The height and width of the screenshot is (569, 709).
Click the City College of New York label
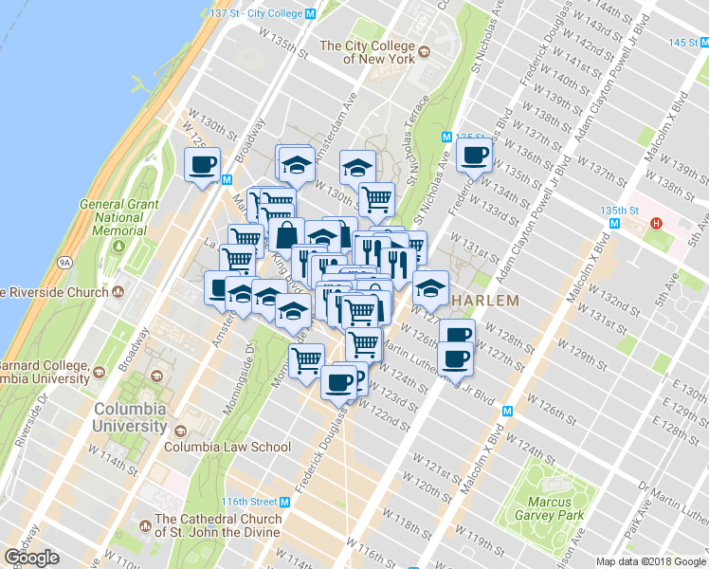pyautogui.click(x=368, y=51)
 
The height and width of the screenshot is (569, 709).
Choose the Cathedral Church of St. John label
pyautogui.click(x=217, y=525)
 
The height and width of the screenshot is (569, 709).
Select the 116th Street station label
pyautogui.click(x=251, y=501)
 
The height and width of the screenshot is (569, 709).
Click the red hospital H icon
pyautogui.click(x=655, y=224)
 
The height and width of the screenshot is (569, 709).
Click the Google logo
pyautogui.click(x=31, y=558)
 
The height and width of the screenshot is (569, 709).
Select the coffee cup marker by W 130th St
pyautogui.click(x=202, y=164)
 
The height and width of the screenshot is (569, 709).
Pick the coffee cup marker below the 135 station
pyautogui.click(x=474, y=155)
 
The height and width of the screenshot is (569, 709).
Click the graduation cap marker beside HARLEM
pyautogui.click(x=430, y=285)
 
